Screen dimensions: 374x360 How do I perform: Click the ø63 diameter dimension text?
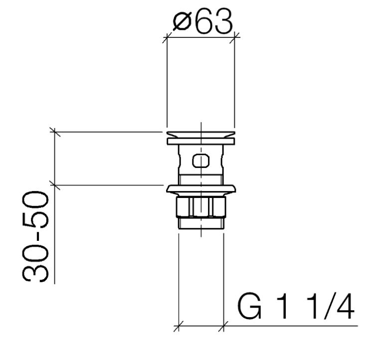point(202,21)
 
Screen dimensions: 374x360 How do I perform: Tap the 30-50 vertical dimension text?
point(35,236)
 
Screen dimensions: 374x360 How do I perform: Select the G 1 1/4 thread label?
point(296,307)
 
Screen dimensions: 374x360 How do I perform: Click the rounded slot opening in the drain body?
point(201,161)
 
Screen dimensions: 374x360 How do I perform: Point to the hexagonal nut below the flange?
point(201,207)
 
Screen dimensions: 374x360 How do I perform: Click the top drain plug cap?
point(201,135)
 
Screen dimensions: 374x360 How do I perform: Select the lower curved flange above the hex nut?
point(201,188)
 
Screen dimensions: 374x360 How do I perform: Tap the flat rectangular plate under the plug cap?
point(201,142)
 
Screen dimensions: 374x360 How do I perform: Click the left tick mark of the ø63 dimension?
point(167,37)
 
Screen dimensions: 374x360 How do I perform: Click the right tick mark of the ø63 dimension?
point(234,37)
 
